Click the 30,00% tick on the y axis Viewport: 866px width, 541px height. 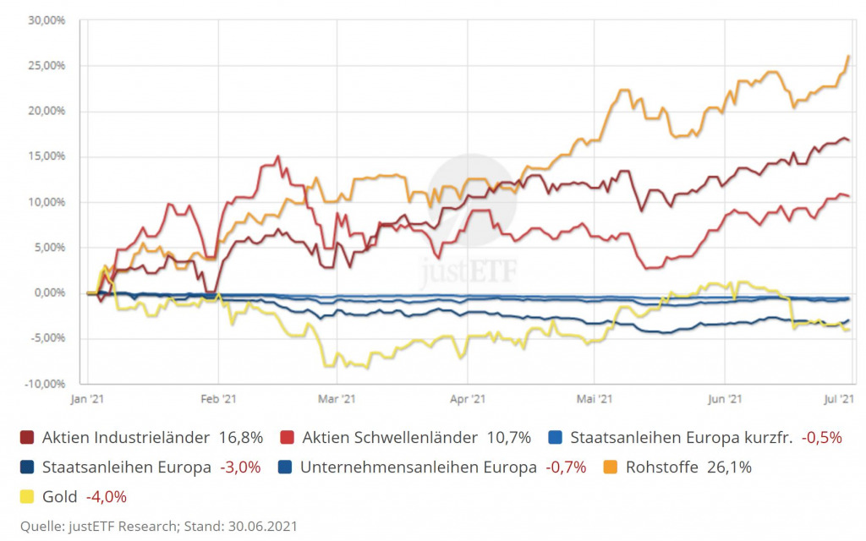[x=47, y=19]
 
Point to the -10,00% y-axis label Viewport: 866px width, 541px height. [x=46, y=384]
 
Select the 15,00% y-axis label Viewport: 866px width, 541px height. [x=47, y=156]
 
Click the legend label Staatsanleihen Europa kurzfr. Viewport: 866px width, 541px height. [x=679, y=438]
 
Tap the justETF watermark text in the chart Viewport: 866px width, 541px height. [x=470, y=270]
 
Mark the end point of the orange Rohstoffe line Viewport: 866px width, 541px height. [x=848, y=57]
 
